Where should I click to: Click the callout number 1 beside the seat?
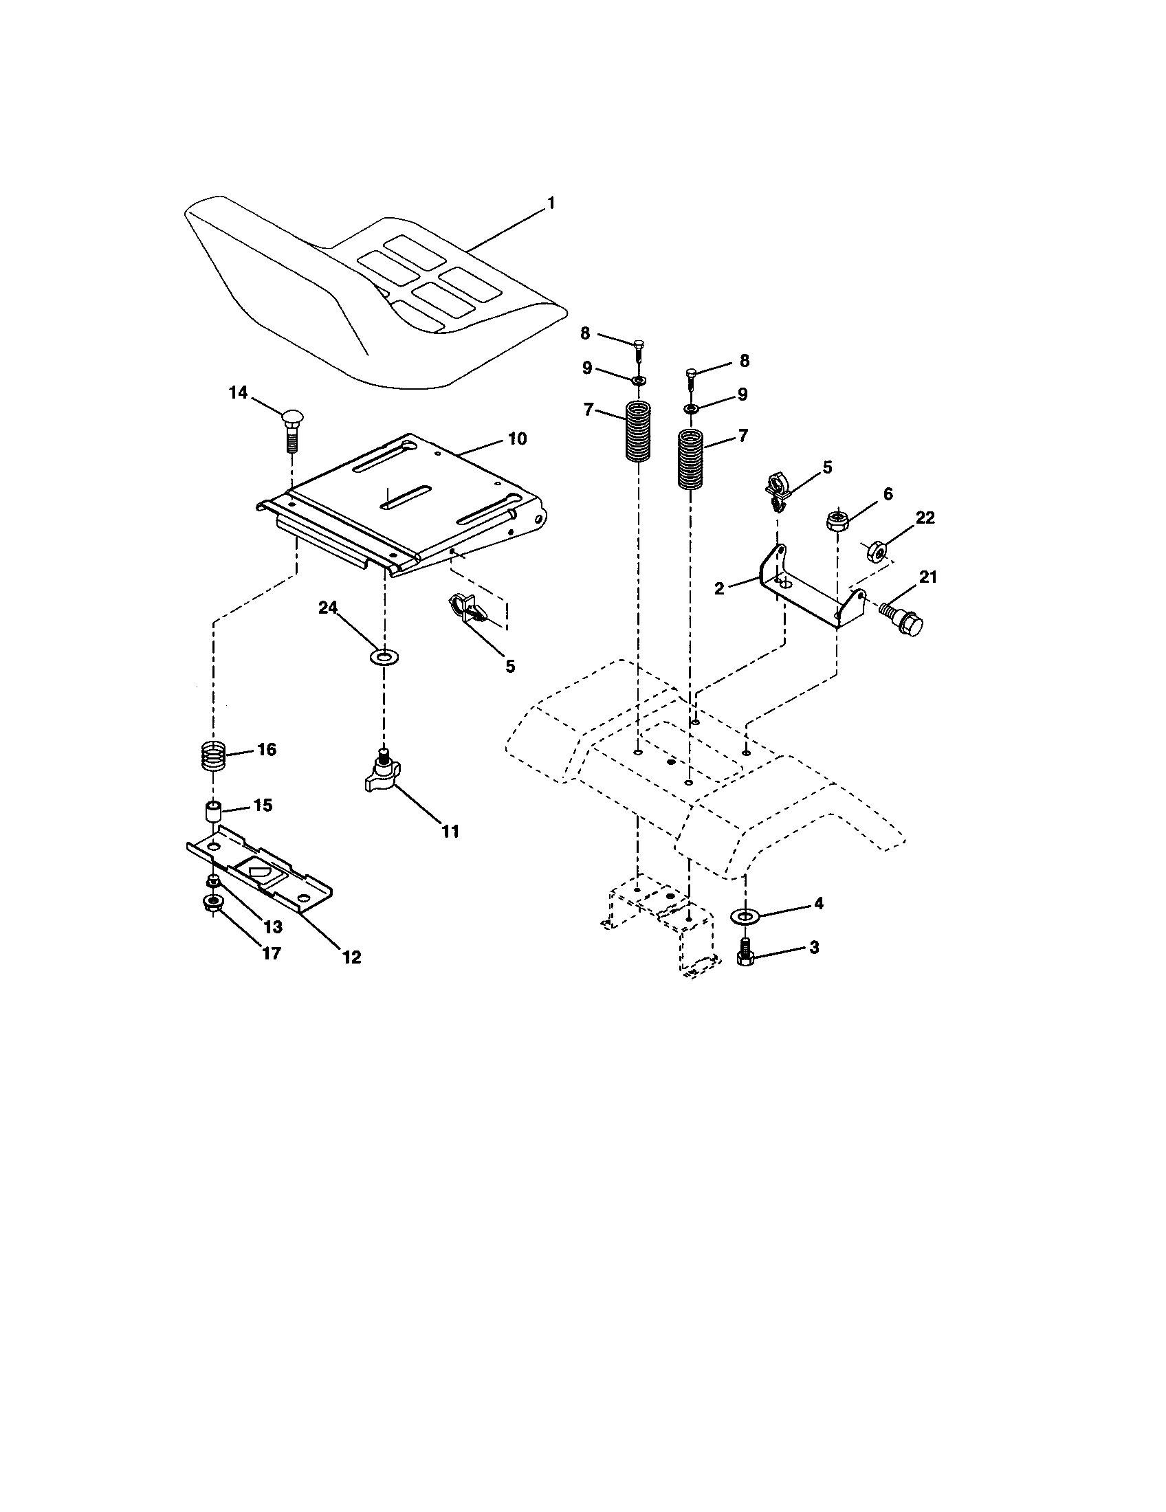[x=551, y=203]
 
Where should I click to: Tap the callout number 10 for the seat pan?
[x=516, y=439]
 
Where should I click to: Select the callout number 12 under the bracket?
[x=352, y=957]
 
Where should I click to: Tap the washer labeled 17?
[x=213, y=902]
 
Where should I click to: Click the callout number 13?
[x=274, y=926]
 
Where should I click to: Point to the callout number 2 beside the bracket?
[x=719, y=589]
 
